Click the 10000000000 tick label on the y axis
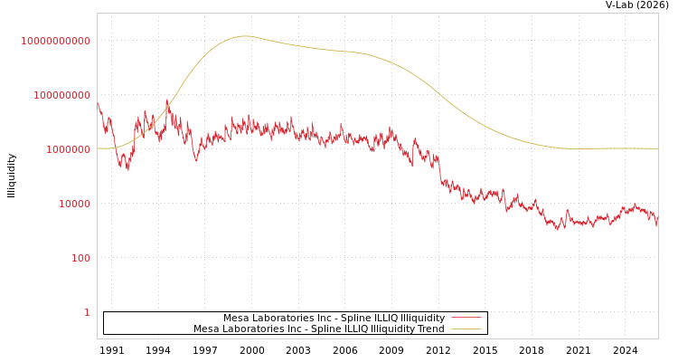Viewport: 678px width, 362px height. (56, 41)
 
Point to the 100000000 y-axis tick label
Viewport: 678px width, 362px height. (61, 95)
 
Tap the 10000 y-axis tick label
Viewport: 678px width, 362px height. (74, 204)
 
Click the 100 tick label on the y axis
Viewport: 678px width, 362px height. (80, 258)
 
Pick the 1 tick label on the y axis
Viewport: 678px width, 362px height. (87, 312)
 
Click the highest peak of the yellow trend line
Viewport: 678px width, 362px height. (245, 36)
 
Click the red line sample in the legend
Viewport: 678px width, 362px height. (466, 318)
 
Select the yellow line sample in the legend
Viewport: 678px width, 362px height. (466, 329)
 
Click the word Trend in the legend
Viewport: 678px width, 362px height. (429, 329)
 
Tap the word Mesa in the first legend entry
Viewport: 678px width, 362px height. (237, 318)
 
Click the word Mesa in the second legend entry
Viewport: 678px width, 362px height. (207, 329)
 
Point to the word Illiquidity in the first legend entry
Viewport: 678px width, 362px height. (422, 318)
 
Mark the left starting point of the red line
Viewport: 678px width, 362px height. (98, 102)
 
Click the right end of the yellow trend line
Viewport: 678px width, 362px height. (657, 148)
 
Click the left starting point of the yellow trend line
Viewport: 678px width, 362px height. (98, 148)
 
